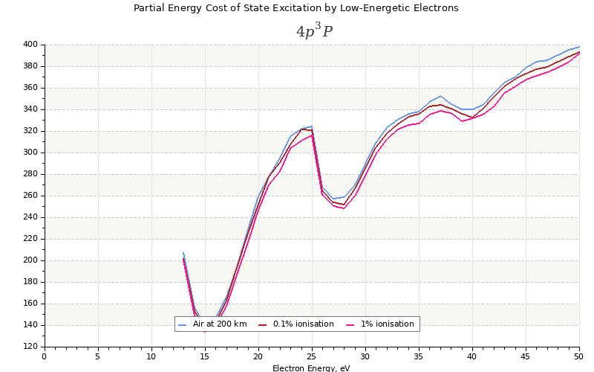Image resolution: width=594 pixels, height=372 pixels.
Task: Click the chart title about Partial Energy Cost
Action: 296,8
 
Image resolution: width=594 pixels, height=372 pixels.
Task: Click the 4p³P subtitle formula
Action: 314,31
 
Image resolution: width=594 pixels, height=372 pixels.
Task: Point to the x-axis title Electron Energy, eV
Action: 311,368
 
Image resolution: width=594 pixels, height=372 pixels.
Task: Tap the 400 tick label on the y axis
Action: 30,45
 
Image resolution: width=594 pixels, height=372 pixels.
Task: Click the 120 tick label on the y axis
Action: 30,347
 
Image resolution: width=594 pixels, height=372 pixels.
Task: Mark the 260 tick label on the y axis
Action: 30,196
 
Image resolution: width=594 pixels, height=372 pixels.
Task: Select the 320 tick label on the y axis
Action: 30,131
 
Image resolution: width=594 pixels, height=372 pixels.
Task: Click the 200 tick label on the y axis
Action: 30,260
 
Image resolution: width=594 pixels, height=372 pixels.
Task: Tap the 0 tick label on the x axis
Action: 45,357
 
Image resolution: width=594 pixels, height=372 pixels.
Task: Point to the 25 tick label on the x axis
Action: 312,357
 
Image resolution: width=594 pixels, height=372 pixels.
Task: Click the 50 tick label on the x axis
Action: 579,357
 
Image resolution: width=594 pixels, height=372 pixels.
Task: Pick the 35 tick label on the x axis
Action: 419,357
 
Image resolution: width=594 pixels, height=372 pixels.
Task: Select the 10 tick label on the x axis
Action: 151,357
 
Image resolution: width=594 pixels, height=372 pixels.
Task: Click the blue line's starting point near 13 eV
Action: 183,252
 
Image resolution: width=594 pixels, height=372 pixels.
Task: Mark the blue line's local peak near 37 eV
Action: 440,96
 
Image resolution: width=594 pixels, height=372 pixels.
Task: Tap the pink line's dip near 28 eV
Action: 344,208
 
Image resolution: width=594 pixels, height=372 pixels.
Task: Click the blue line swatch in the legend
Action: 183,324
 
